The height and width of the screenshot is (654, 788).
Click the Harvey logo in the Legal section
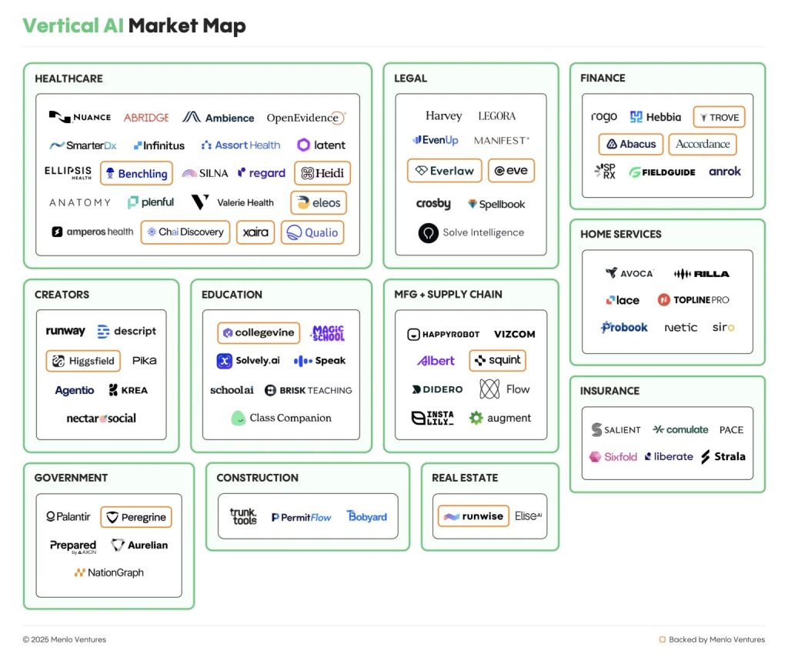click(444, 116)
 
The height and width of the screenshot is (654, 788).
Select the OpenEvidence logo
click(306, 118)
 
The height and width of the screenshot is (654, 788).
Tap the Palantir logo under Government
click(68, 517)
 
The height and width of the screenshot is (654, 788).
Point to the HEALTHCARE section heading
click(68, 78)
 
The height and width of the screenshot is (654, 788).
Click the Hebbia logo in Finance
click(656, 117)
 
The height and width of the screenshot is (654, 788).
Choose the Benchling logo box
click(136, 174)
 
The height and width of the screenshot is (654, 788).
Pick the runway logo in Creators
click(65, 332)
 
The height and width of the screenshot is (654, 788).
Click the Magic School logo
click(327, 333)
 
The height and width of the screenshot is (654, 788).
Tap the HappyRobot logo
click(443, 335)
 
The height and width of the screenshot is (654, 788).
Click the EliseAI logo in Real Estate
click(528, 516)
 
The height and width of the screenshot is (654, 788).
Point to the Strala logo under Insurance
click(723, 457)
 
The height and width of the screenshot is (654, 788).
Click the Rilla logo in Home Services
click(701, 274)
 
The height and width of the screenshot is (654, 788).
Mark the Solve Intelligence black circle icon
click(429, 233)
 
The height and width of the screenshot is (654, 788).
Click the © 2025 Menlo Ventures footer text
click(65, 639)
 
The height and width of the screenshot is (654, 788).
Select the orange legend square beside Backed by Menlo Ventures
click(663, 639)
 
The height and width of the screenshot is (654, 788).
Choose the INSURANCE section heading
click(609, 392)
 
